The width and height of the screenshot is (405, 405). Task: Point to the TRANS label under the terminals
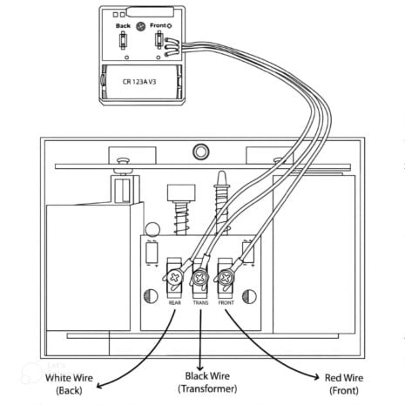(199, 303)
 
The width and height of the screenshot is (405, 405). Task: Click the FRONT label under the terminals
(226, 303)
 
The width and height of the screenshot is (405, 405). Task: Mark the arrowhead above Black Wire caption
(201, 367)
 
